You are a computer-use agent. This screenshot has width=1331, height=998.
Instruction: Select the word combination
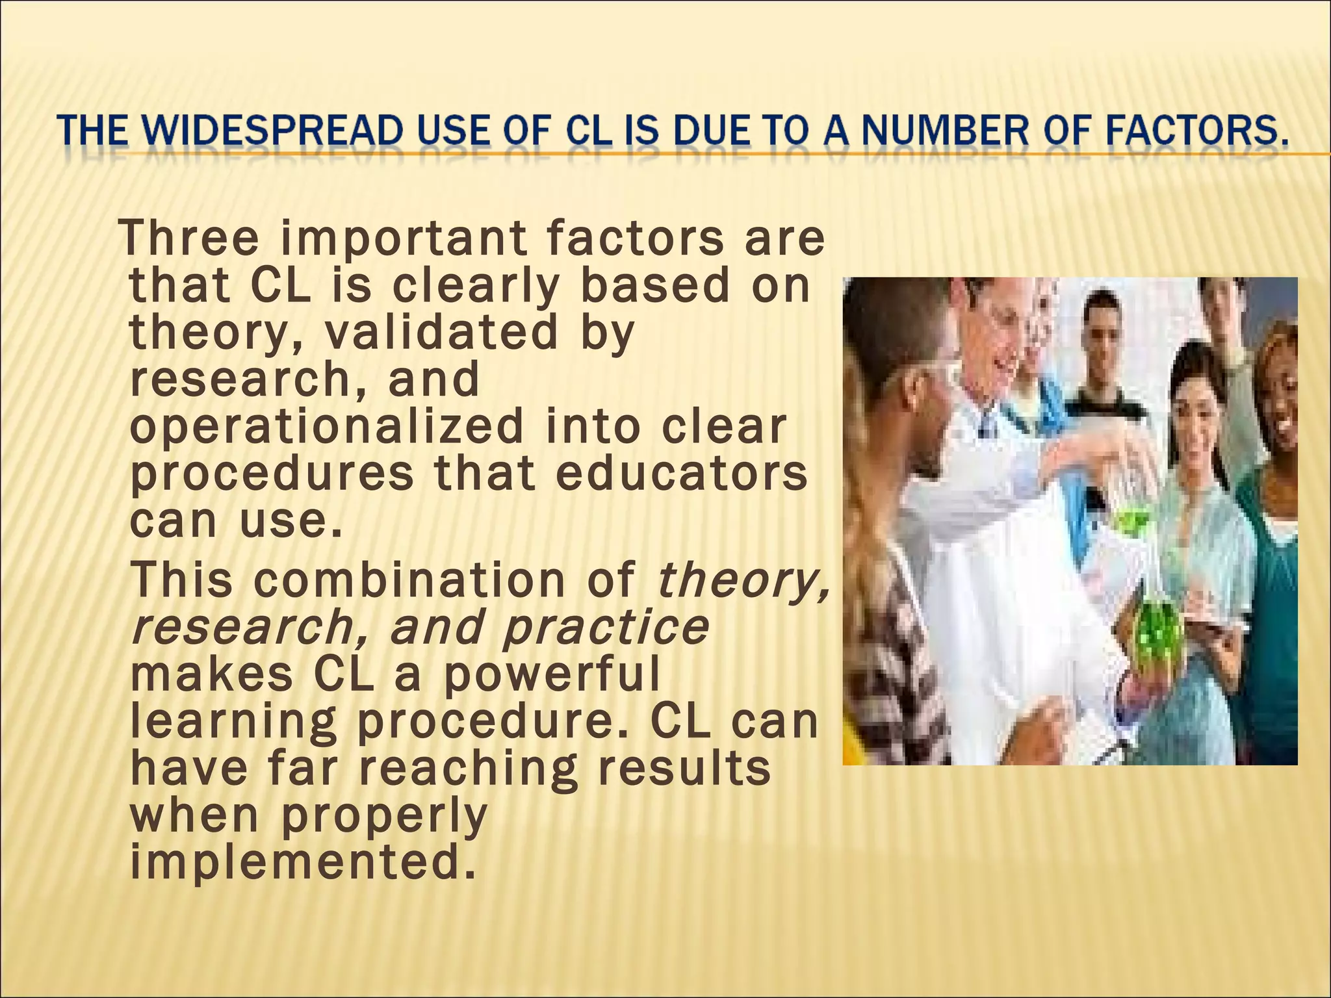pyautogui.click(x=409, y=580)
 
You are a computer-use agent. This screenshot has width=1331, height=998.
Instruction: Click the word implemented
pyautogui.click(x=299, y=862)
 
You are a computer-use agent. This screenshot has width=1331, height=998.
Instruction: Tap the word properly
pyautogui.click(x=383, y=815)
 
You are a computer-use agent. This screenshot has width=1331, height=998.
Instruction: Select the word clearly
pyautogui.click(x=474, y=286)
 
